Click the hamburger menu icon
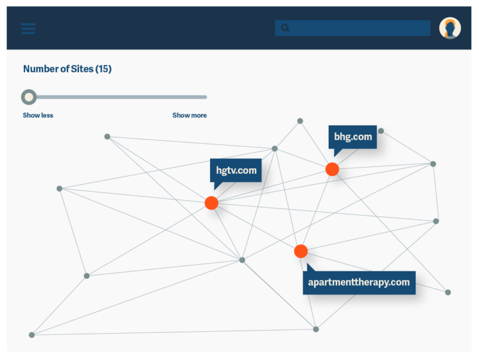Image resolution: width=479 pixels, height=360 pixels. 28,29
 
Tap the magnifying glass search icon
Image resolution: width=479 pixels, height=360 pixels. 285,28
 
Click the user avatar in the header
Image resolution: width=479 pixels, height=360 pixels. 450,28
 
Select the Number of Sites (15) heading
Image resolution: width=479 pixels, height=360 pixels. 67,69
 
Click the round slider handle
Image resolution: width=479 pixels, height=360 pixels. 29,97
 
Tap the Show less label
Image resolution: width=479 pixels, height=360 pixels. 38,115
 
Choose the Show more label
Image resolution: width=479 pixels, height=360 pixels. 189,115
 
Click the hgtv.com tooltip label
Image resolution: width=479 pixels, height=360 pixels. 236,170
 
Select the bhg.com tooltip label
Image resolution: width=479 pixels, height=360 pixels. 353,137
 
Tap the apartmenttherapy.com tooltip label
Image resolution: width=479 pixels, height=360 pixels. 359,282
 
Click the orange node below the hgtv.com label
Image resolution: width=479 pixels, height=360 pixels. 211,203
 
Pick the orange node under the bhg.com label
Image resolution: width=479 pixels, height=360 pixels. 332,170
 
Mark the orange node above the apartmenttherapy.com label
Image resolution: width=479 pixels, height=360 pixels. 301,251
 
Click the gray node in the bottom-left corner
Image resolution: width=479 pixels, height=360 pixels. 32,335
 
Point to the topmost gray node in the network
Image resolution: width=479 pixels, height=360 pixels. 300,121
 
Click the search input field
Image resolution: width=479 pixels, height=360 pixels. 359,28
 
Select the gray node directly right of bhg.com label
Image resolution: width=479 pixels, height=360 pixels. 381,131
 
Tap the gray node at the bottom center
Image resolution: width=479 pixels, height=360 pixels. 316,329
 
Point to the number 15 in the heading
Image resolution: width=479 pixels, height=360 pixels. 104,69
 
